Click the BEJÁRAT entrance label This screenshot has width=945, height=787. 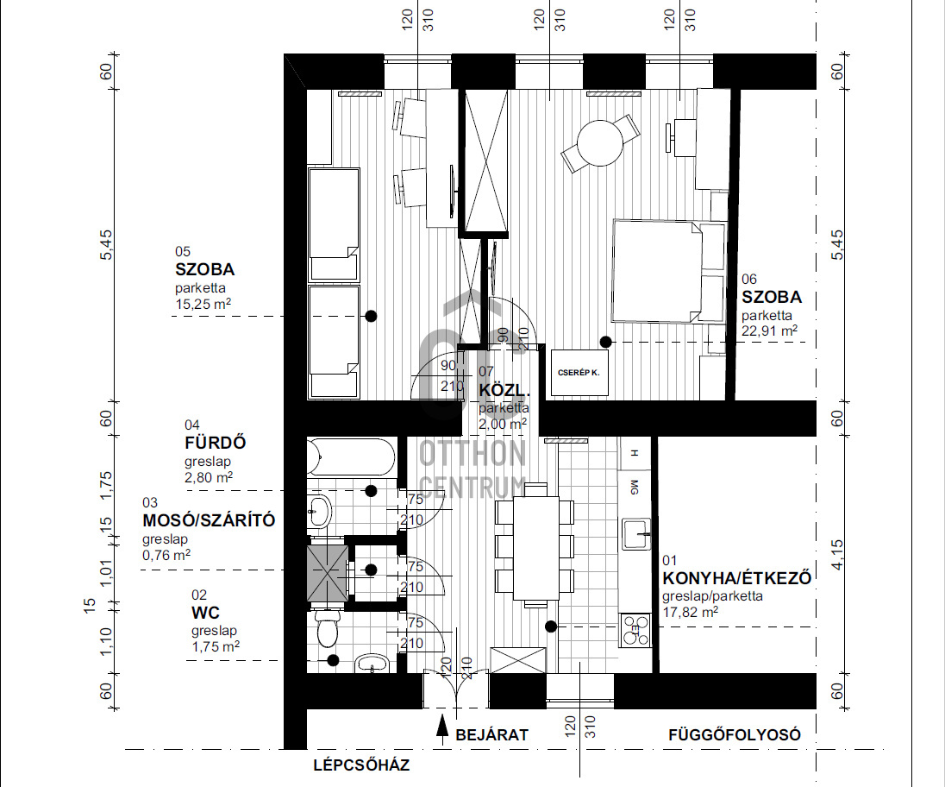[491, 735]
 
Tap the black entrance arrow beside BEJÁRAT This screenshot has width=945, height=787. [442, 731]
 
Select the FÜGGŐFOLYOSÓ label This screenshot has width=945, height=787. [735, 735]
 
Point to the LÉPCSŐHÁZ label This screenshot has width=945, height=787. [361, 765]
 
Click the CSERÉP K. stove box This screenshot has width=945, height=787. [579, 373]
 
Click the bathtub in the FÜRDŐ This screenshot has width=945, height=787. [351, 457]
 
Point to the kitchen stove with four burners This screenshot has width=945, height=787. [636, 629]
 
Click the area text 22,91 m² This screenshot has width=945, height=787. [769, 331]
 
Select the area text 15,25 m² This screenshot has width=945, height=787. [203, 304]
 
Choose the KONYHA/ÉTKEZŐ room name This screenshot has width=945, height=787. [736, 578]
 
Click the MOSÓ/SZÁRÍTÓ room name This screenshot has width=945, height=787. [208, 520]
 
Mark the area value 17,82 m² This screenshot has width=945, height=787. [690, 612]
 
